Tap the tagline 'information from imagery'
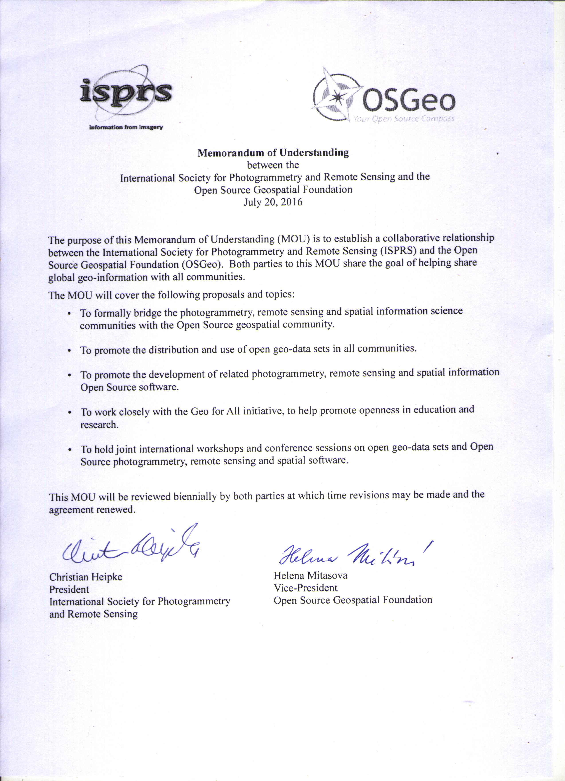126,127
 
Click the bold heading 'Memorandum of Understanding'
273,153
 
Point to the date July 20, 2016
273,202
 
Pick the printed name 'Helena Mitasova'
310,575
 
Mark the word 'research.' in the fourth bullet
100,425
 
